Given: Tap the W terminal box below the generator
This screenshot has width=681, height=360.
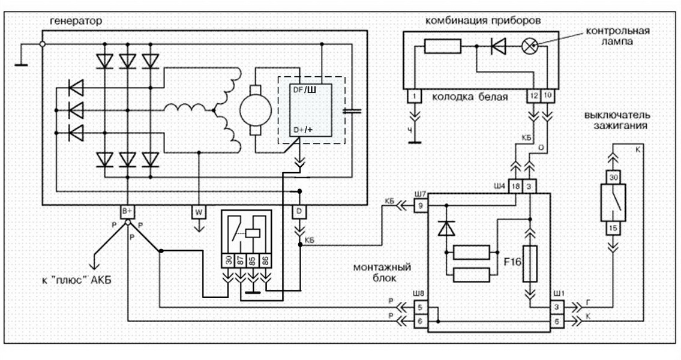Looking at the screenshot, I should click(x=199, y=211).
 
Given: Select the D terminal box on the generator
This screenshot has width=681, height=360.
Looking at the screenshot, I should click(x=298, y=211).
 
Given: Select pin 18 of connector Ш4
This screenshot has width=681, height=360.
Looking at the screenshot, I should click(x=515, y=186).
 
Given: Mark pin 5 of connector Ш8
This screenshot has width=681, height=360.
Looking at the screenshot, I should click(x=421, y=308).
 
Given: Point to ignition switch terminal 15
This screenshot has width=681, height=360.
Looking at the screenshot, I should click(x=613, y=228).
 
